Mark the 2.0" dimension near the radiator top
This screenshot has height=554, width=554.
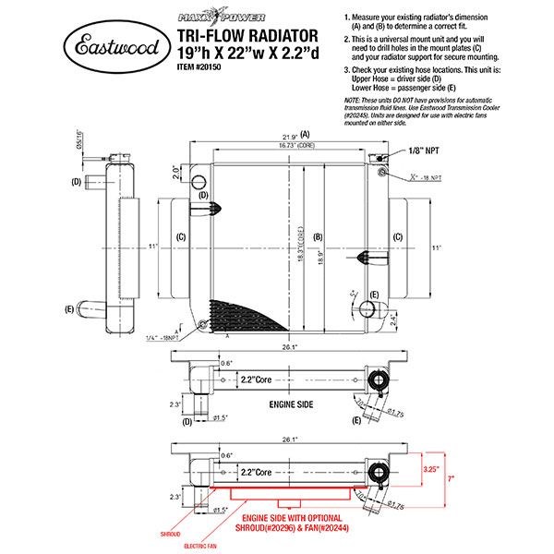176,171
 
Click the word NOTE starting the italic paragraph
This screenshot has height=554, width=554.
351,100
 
